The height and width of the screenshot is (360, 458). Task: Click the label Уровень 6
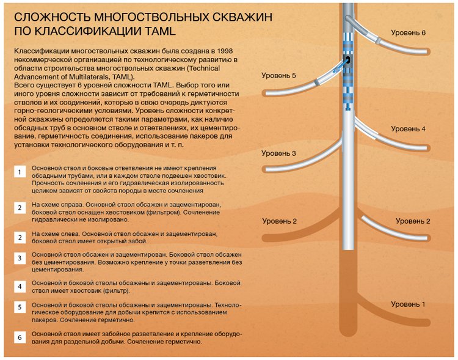pyautogui.click(x=408, y=33)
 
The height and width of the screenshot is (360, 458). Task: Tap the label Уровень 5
pyautogui.click(x=278, y=75)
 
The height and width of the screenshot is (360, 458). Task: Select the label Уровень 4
pyautogui.click(x=408, y=129)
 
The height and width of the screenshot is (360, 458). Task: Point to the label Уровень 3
pyautogui.click(x=278, y=153)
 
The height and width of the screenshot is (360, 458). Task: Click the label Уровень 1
pyautogui.click(x=408, y=304)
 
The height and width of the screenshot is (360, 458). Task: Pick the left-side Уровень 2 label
pyautogui.click(x=279, y=221)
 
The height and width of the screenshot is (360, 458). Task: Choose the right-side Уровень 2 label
pyautogui.click(x=413, y=221)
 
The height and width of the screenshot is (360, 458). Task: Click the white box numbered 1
pyautogui.click(x=20, y=172)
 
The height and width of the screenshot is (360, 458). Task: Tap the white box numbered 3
pyautogui.click(x=20, y=258)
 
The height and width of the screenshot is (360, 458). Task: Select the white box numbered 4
pyautogui.click(x=20, y=287)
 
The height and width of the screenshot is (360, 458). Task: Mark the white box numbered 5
pyautogui.click(x=20, y=307)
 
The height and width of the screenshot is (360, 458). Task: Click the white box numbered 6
pyautogui.click(x=20, y=337)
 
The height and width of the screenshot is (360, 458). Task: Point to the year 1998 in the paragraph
pyautogui.click(x=225, y=51)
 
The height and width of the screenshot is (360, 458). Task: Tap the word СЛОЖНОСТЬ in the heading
pyautogui.click(x=52, y=17)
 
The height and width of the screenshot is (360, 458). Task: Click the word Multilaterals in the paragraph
pyautogui.click(x=87, y=77)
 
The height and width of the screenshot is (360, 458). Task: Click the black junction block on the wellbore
pyautogui.click(x=348, y=61)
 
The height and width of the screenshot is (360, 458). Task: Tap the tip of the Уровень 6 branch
pyautogui.click(x=428, y=52)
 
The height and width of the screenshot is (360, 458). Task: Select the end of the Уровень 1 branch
pyautogui.click(x=428, y=323)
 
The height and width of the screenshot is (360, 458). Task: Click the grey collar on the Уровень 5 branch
pyautogui.click(x=316, y=82)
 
